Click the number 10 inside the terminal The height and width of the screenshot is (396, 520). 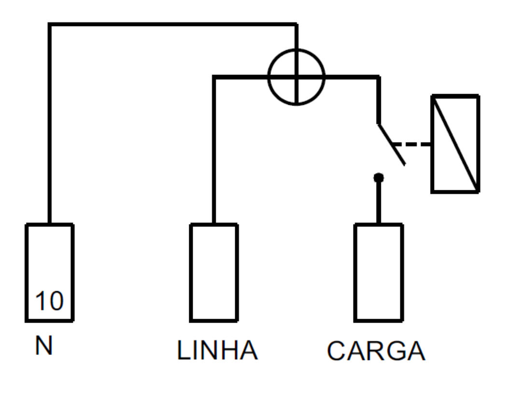click(x=49, y=301)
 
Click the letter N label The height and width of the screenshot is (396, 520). click(x=44, y=345)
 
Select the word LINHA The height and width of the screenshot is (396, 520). click(x=218, y=350)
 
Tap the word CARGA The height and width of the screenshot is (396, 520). click(x=376, y=351)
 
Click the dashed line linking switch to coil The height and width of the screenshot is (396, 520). click(x=411, y=144)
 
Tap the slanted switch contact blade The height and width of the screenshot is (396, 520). click(x=391, y=144)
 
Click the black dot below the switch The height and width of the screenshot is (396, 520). click(x=379, y=178)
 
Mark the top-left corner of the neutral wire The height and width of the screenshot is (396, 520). click(x=50, y=24)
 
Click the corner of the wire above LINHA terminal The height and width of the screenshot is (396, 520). click(x=214, y=77)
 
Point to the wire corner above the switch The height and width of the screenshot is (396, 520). click(x=379, y=77)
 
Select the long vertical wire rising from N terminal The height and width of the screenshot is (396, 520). click(x=50, y=124)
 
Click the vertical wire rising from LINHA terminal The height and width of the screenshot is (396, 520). click(x=214, y=150)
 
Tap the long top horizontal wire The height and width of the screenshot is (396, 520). click(x=173, y=24)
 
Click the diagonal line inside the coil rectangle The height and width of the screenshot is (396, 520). click(x=455, y=143)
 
